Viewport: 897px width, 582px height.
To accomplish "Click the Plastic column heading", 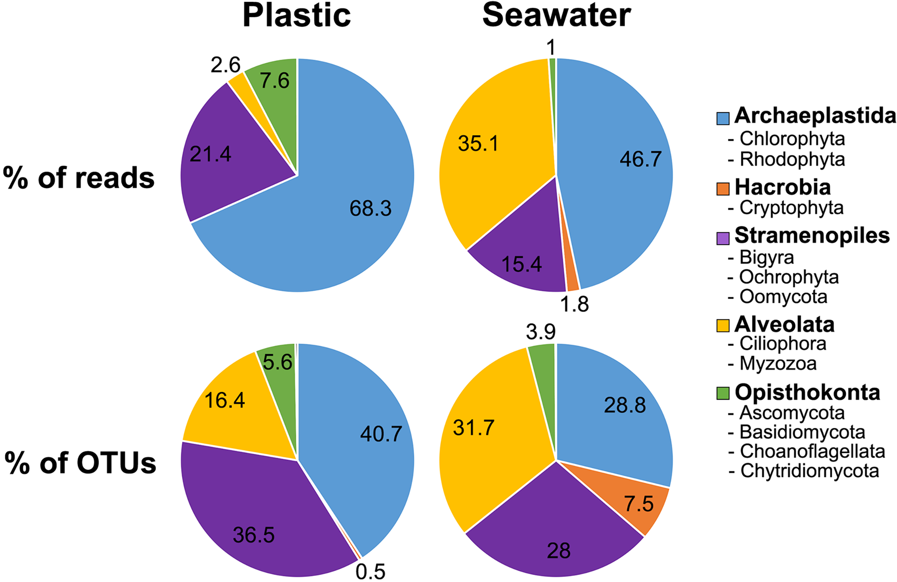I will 297,16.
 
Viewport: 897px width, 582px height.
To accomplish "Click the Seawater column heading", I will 556,16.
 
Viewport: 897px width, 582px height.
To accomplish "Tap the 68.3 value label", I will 370,208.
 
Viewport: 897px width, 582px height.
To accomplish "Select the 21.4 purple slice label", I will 210,154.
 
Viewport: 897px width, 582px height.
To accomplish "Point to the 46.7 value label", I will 640,159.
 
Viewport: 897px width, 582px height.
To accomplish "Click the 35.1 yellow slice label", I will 478,143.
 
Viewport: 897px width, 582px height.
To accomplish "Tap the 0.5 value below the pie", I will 370,571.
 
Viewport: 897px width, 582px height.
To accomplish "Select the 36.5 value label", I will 253,535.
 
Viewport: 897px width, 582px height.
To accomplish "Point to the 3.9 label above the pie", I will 541,332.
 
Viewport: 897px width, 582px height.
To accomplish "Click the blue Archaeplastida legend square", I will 722,118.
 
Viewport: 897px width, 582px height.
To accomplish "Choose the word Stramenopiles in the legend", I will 812,236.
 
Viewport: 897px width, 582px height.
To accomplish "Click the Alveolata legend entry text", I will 784,325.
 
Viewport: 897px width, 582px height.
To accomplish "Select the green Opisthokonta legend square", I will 722,393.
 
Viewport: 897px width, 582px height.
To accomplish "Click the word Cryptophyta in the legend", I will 791,208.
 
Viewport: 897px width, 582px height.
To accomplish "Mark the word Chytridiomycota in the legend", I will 809,471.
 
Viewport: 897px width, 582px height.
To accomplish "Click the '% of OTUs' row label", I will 80,463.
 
